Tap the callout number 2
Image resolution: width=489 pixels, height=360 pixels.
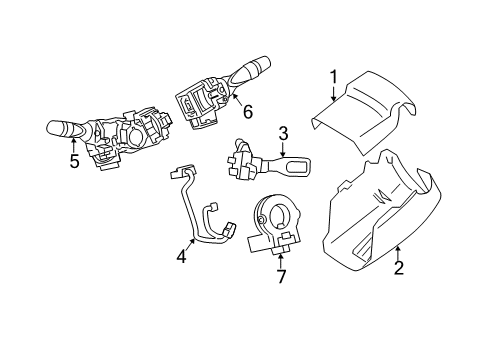pos(398,267)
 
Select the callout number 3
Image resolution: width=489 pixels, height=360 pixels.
pos(283,132)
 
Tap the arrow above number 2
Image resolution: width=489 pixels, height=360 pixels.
pos(398,252)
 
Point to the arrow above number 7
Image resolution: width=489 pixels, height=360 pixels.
pos(282,258)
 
